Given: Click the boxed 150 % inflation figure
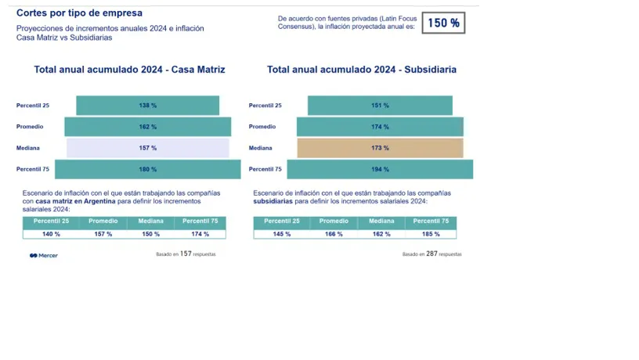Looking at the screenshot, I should tap(443, 23).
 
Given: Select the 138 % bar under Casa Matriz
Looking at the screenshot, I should tap(148, 106).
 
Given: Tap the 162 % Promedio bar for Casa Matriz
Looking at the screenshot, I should tap(148, 127).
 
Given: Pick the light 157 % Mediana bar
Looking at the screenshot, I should tap(148, 148).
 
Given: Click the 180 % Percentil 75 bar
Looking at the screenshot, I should tap(148, 169).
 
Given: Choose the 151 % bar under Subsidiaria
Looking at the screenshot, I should tap(380, 106).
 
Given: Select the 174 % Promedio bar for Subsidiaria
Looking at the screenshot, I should tap(380, 127).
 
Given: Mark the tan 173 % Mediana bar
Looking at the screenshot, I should tap(380, 148).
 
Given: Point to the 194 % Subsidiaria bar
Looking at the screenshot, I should tap(380, 169).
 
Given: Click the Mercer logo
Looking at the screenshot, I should tap(44, 255).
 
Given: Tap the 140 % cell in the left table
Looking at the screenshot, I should tap(52, 234).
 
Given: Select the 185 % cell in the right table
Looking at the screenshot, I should tap(431, 234).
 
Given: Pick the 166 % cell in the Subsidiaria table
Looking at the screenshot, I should tap(334, 234).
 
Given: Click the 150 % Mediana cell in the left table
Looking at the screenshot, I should tap(151, 234).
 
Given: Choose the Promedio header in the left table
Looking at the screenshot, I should tap(103, 221).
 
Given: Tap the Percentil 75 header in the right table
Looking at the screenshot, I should tap(431, 221).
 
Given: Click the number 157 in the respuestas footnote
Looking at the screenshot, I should tap(186, 254).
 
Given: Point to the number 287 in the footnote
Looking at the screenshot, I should tap(431, 254).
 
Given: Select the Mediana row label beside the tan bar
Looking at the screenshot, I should tap(261, 148).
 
